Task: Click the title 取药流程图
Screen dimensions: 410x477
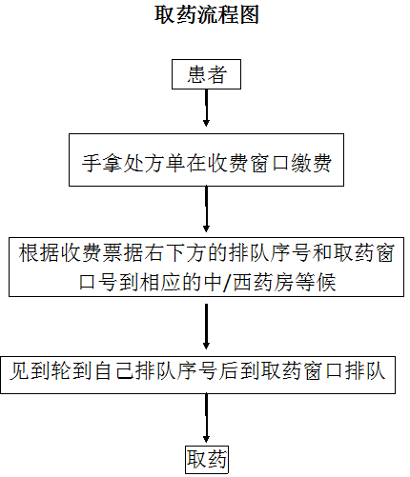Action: click(x=207, y=14)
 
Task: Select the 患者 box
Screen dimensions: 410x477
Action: click(x=206, y=74)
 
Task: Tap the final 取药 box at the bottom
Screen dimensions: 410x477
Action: click(x=207, y=460)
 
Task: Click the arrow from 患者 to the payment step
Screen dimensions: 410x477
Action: click(x=206, y=108)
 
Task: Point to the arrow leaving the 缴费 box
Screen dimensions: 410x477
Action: click(x=206, y=209)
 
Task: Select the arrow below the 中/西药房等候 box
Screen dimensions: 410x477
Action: click(x=206, y=327)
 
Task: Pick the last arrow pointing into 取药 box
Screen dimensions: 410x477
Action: click(x=206, y=418)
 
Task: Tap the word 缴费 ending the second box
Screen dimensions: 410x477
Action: click(x=312, y=163)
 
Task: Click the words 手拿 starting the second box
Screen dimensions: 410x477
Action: click(x=103, y=163)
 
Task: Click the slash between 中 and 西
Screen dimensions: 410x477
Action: click(x=226, y=282)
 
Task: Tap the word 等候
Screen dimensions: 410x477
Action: click(x=316, y=282)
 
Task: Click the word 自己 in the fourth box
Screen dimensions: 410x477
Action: click(x=113, y=370)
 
